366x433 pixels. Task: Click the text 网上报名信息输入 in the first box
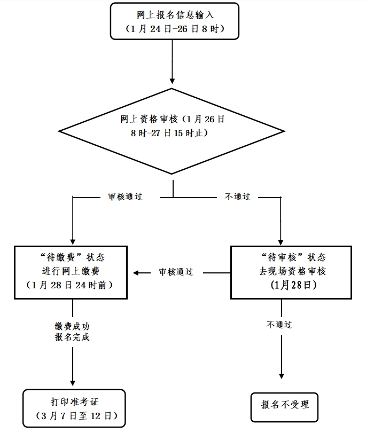[x=172, y=14]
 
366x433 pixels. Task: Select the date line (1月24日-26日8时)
[x=172, y=29]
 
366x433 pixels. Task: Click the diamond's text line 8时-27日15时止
[x=170, y=133]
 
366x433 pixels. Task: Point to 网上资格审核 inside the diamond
[x=150, y=120]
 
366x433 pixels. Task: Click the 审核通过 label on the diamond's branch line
[x=122, y=196]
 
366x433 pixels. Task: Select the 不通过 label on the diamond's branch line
[x=237, y=196]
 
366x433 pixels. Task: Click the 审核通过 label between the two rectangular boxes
[x=176, y=272]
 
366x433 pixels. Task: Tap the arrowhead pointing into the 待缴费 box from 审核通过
[x=136, y=273]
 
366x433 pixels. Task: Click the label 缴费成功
[x=72, y=325]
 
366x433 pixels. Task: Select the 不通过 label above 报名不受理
[x=279, y=324]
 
